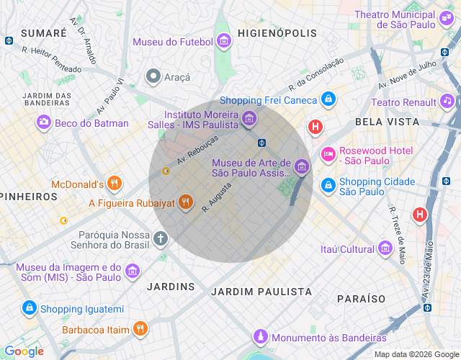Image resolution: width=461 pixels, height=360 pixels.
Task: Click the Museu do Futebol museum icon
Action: pyautogui.click(x=224, y=41)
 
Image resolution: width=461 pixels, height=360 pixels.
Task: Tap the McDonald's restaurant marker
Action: pyautogui.click(x=113, y=183)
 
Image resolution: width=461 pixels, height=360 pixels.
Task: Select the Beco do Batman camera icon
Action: pyautogui.click(x=44, y=123)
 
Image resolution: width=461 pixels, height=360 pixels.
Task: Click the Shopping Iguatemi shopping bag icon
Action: pyautogui.click(x=29, y=309)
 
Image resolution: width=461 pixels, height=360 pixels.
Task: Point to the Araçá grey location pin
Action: pyautogui.click(x=153, y=76)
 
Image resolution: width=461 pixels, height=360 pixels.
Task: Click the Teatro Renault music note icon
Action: pyautogui.click(x=447, y=102)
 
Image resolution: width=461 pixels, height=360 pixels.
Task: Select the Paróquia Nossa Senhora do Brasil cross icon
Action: pyautogui.click(x=161, y=238)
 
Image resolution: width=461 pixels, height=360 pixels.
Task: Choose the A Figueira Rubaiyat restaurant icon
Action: pyautogui.click(x=186, y=202)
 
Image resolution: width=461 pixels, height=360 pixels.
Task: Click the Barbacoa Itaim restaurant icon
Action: pyautogui.click(x=140, y=329)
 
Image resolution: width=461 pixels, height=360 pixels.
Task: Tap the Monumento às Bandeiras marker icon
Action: pyautogui.click(x=261, y=337)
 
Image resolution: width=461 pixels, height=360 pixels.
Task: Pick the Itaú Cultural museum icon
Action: pyautogui.click(x=385, y=249)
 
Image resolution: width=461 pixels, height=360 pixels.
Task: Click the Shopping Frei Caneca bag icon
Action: pyautogui.click(x=328, y=99)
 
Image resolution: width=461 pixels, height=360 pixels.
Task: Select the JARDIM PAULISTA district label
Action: pyautogui.click(x=261, y=292)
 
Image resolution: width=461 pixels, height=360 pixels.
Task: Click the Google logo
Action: pyautogui.click(x=24, y=351)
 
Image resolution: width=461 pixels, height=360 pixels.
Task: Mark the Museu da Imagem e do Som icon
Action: pyautogui.click(x=132, y=271)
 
